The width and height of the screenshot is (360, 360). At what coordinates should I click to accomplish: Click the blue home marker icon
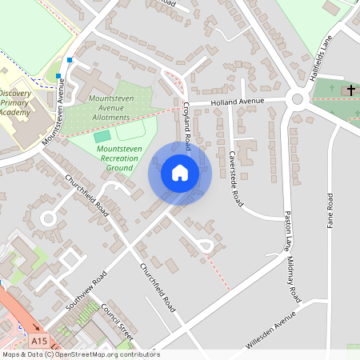click(179, 172)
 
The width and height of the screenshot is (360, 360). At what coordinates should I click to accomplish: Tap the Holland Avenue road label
click(237, 102)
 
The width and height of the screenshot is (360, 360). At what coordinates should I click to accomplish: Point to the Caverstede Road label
click(235, 178)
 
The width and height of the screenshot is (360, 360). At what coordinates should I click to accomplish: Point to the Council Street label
click(119, 322)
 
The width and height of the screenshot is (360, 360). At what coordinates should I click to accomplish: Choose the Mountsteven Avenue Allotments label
click(110, 107)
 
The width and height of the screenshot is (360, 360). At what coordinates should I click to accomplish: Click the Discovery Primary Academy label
click(15, 103)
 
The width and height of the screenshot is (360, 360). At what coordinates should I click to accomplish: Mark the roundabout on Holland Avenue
click(298, 100)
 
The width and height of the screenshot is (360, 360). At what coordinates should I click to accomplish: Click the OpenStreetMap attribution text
click(80, 354)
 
